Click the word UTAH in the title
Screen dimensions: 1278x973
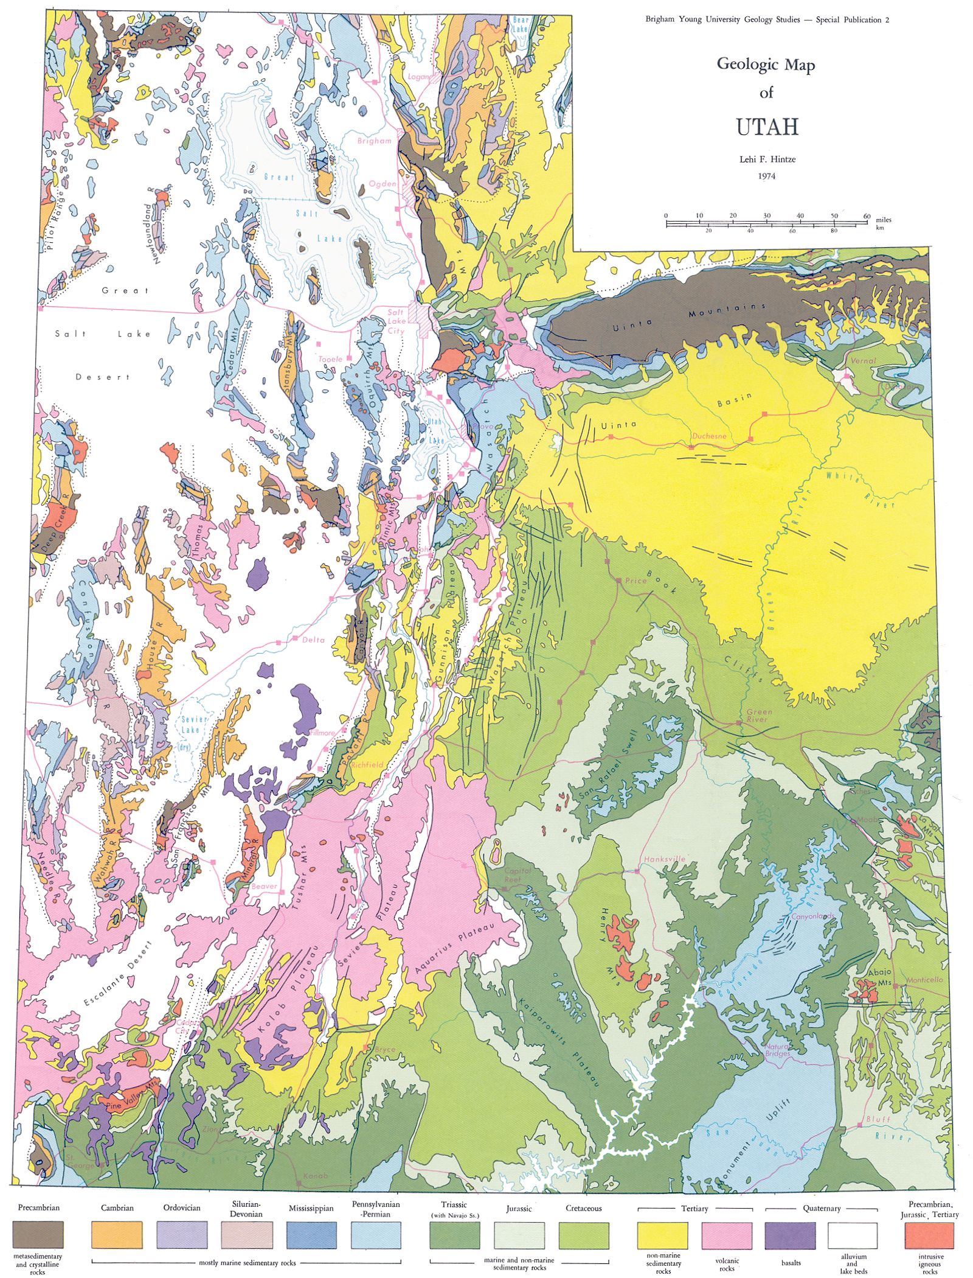click(x=766, y=127)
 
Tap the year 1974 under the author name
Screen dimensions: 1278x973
click(x=766, y=176)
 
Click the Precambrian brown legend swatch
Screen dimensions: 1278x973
click(x=38, y=1235)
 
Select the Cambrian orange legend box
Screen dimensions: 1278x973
click(x=117, y=1235)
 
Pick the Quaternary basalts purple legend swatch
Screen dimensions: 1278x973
click(x=790, y=1235)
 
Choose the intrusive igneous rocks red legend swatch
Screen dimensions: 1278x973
click(x=929, y=1235)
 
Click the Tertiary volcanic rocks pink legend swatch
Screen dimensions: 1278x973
click(x=727, y=1235)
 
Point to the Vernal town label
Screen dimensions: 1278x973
click(x=863, y=360)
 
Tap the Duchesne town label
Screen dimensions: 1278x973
click(x=708, y=436)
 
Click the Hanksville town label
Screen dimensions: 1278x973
click(x=664, y=859)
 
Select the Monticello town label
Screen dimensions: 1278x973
click(x=924, y=980)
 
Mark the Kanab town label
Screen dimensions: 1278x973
click(x=316, y=1176)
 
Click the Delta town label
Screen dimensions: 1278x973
click(x=313, y=640)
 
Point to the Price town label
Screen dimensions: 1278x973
click(x=636, y=581)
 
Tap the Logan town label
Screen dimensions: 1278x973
click(x=418, y=77)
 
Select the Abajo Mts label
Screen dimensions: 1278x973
click(x=879, y=977)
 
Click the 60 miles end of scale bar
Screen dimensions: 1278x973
click(x=867, y=216)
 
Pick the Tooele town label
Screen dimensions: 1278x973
click(x=330, y=359)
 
